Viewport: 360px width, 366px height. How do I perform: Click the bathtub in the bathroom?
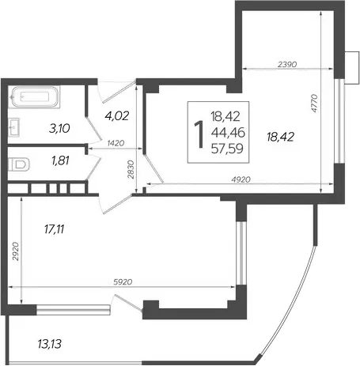click(34, 96)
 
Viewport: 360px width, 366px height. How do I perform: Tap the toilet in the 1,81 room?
click(18, 164)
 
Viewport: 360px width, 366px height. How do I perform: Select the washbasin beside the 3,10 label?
click(13, 127)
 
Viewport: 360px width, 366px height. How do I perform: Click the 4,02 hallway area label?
click(116, 115)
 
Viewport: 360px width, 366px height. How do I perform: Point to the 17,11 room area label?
click(54, 229)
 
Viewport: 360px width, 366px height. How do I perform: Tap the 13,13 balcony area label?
click(50, 344)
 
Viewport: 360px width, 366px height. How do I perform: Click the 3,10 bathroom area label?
click(59, 129)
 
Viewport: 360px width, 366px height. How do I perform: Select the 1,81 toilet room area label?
click(61, 160)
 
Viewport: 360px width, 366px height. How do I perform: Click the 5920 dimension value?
click(123, 282)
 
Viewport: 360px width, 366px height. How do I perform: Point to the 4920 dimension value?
click(241, 179)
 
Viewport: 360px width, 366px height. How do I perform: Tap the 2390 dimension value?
click(287, 64)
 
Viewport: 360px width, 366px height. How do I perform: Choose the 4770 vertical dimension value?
click(314, 104)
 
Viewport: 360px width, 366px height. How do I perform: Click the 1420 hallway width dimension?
click(116, 143)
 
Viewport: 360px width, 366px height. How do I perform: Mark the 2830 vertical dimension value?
click(131, 170)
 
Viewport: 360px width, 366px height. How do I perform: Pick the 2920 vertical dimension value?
click(16, 251)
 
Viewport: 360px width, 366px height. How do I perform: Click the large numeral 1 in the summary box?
click(199, 134)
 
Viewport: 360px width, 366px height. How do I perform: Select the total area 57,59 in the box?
click(227, 149)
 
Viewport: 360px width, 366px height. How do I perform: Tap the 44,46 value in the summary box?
click(228, 133)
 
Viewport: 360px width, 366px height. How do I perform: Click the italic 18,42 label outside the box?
click(280, 137)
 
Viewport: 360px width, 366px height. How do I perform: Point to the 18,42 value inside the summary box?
click(225, 116)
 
